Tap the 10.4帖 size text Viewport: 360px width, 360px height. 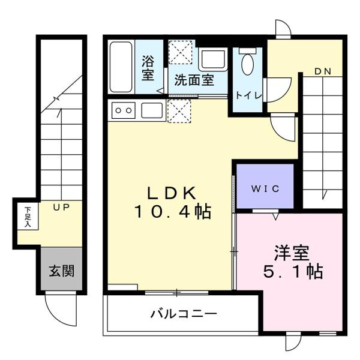[173, 212]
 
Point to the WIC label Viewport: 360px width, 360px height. [265, 188]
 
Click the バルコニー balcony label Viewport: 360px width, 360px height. [184, 314]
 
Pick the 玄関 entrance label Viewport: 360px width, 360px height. [61, 271]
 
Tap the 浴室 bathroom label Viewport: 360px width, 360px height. [148, 67]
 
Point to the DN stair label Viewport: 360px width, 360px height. [323, 71]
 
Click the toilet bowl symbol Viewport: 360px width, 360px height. [247, 64]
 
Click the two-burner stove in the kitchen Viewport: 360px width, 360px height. [124, 110]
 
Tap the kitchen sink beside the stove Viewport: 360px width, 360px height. [152, 110]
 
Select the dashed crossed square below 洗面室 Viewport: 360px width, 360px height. [179, 111]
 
